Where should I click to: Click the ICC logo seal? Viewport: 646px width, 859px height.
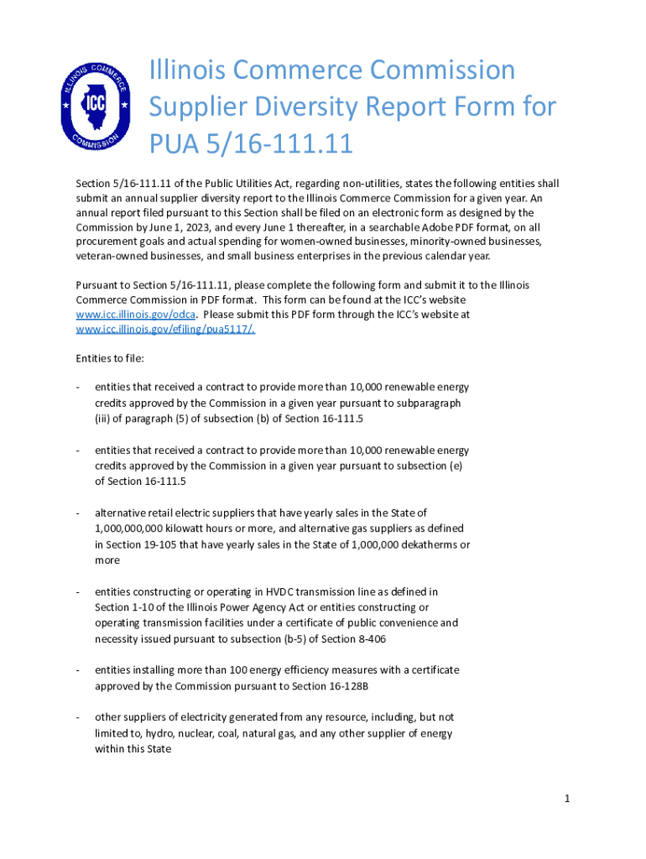96,107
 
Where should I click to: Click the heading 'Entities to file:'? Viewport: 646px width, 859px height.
110,358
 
